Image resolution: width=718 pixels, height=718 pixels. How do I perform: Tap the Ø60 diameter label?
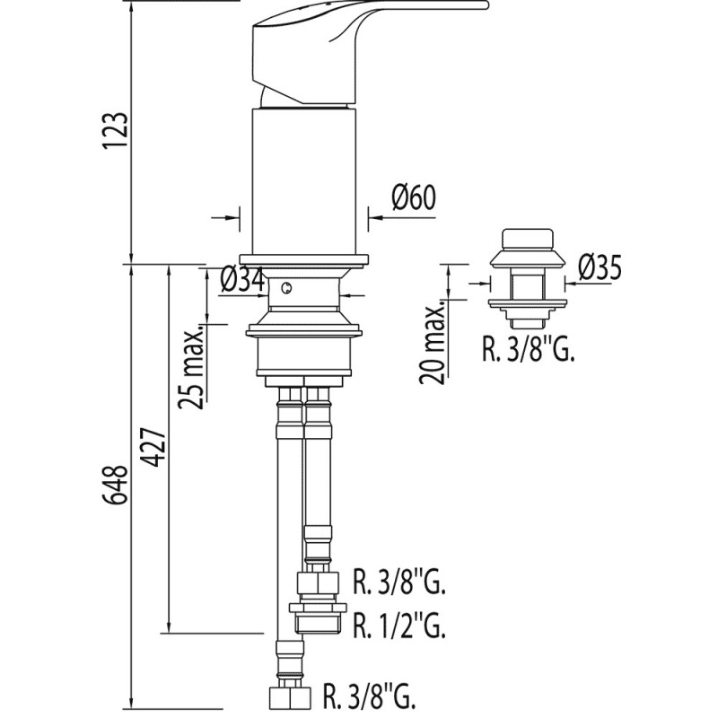point(414,197)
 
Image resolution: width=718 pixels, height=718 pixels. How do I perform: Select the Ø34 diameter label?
point(241,280)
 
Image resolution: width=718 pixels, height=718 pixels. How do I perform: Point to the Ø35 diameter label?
point(600,267)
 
